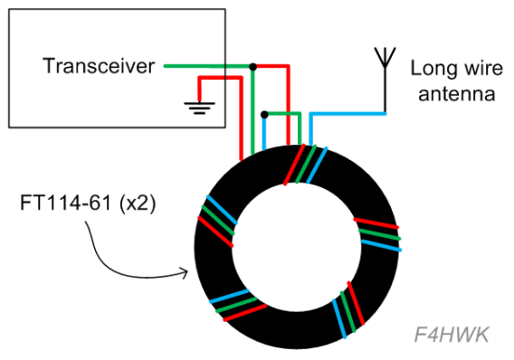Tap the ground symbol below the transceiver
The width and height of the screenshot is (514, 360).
[196, 108]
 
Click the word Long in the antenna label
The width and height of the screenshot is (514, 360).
[430, 68]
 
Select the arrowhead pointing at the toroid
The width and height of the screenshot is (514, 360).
[185, 270]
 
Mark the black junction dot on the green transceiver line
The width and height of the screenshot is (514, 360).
[253, 66]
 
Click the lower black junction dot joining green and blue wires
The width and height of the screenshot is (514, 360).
[263, 114]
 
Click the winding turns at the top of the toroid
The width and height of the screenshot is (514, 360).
[301, 165]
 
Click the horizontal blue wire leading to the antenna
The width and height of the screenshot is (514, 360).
[348, 114]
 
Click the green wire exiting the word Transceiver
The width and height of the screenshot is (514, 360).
[204, 66]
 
